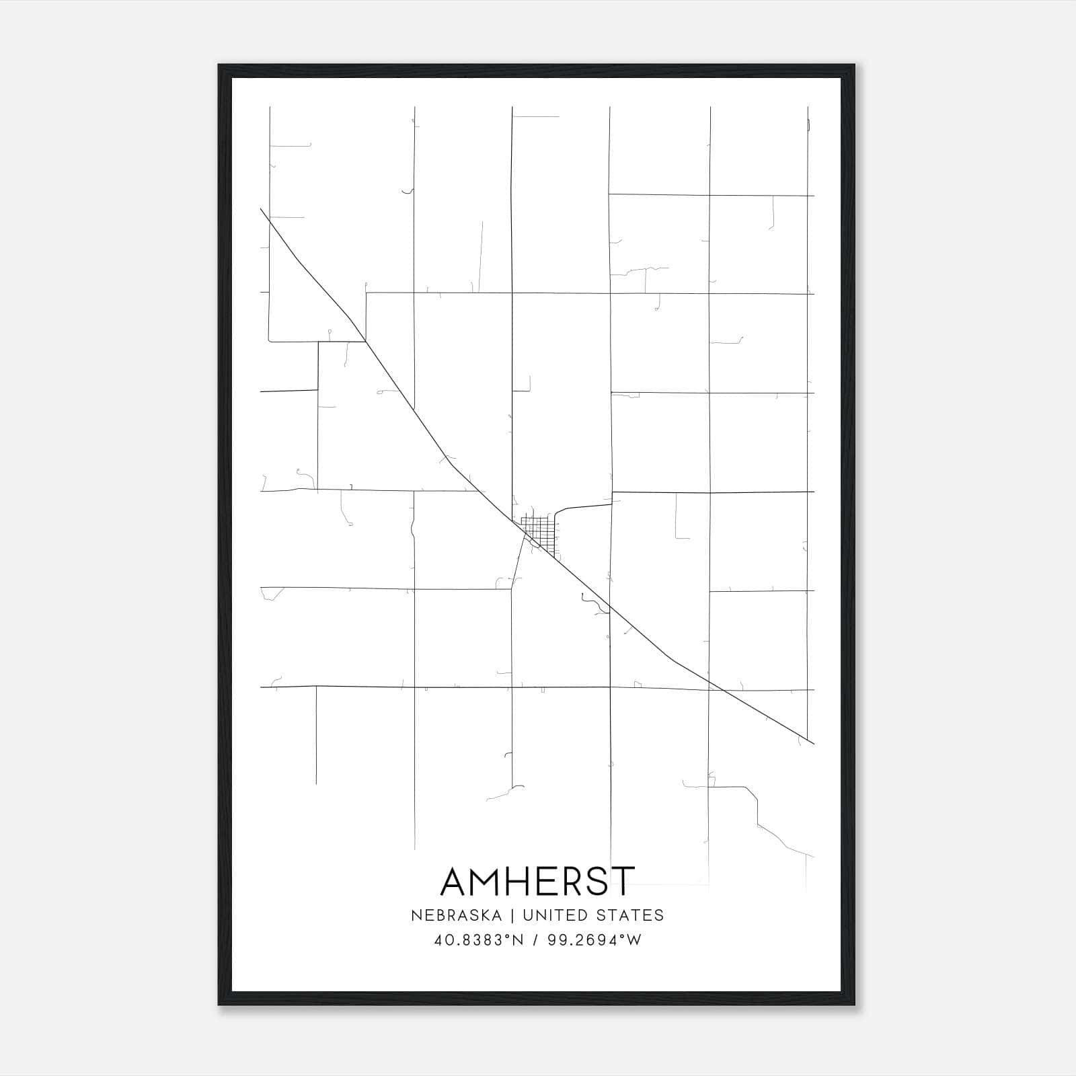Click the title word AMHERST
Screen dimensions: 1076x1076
(x=537, y=881)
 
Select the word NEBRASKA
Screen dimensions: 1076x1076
(x=455, y=915)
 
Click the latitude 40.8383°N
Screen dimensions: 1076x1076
(x=479, y=940)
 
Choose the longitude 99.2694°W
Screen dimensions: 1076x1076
(x=594, y=940)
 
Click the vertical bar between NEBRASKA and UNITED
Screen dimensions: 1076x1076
(x=512, y=915)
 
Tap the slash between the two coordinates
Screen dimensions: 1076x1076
(x=535, y=940)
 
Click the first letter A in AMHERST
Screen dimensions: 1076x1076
(x=455, y=881)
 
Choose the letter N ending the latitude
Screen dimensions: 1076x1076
(x=518, y=940)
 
